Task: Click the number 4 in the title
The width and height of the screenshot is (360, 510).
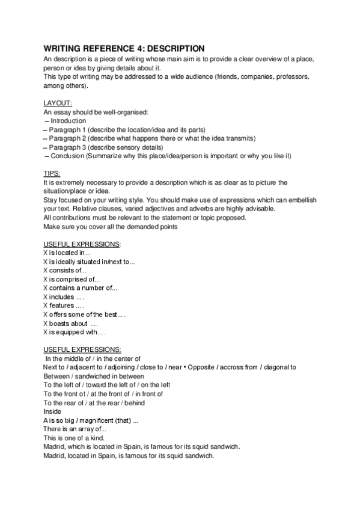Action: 141,48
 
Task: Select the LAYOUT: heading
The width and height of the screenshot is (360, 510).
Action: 58,103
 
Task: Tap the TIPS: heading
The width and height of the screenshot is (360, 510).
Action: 52,173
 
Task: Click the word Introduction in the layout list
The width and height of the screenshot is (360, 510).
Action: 69,121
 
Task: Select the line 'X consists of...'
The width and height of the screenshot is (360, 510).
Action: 65,270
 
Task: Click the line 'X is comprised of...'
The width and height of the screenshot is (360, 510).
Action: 72,279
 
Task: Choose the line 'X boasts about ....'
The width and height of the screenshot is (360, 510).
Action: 70,323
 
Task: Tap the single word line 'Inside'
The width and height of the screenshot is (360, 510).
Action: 53,411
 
